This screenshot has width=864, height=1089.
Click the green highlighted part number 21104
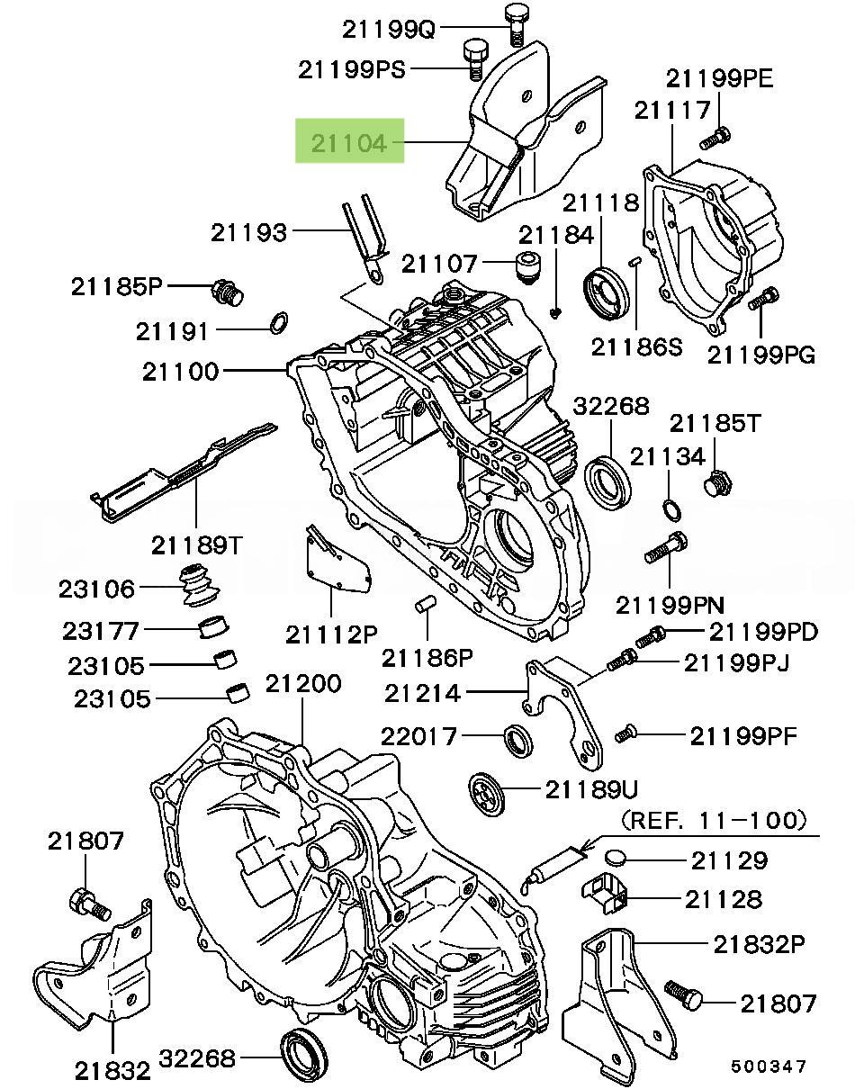(x=350, y=142)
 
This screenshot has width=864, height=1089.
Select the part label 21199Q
(x=388, y=29)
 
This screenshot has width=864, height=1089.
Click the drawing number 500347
(x=769, y=1066)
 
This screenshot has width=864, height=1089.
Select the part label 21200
(x=302, y=685)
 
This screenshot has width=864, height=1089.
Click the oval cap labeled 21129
(x=619, y=858)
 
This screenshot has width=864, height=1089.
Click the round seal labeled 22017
(x=518, y=737)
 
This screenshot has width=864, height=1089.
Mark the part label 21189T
(x=196, y=544)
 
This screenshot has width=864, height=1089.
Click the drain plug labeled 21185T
(x=715, y=484)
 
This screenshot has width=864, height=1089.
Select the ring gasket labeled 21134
(x=671, y=510)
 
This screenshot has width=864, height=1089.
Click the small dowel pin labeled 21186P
(x=424, y=605)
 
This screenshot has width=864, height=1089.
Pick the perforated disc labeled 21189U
(x=492, y=790)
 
